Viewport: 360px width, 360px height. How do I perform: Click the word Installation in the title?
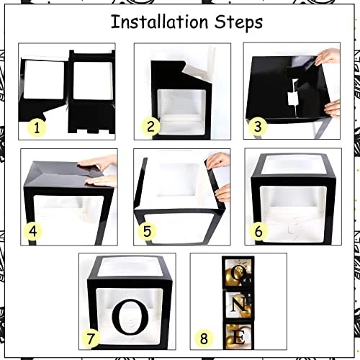point(159,22)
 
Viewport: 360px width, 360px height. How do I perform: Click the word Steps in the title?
point(238,23)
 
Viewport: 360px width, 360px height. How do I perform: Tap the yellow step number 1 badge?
point(37,127)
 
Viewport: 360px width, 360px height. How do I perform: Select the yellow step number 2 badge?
point(150,126)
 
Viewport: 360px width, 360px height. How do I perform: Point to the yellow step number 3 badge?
point(258,126)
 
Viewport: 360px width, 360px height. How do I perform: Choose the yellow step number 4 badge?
point(32,231)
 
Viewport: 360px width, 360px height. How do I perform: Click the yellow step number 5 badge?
point(147,231)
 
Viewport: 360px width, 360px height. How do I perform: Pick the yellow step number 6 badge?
point(258,231)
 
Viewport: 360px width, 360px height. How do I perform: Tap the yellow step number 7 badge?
point(91,338)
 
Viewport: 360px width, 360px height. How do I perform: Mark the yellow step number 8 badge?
point(204,338)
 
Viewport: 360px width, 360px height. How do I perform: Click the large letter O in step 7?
point(130,317)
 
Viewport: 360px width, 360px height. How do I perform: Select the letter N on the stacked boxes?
point(239,305)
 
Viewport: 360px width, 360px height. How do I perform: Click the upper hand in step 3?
point(328,57)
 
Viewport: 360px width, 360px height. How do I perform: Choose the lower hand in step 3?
point(332,109)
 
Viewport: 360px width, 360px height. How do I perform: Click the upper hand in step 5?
point(218,161)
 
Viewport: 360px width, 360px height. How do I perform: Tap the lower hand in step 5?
point(223,193)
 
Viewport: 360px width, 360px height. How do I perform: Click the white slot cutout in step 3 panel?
point(293,98)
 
